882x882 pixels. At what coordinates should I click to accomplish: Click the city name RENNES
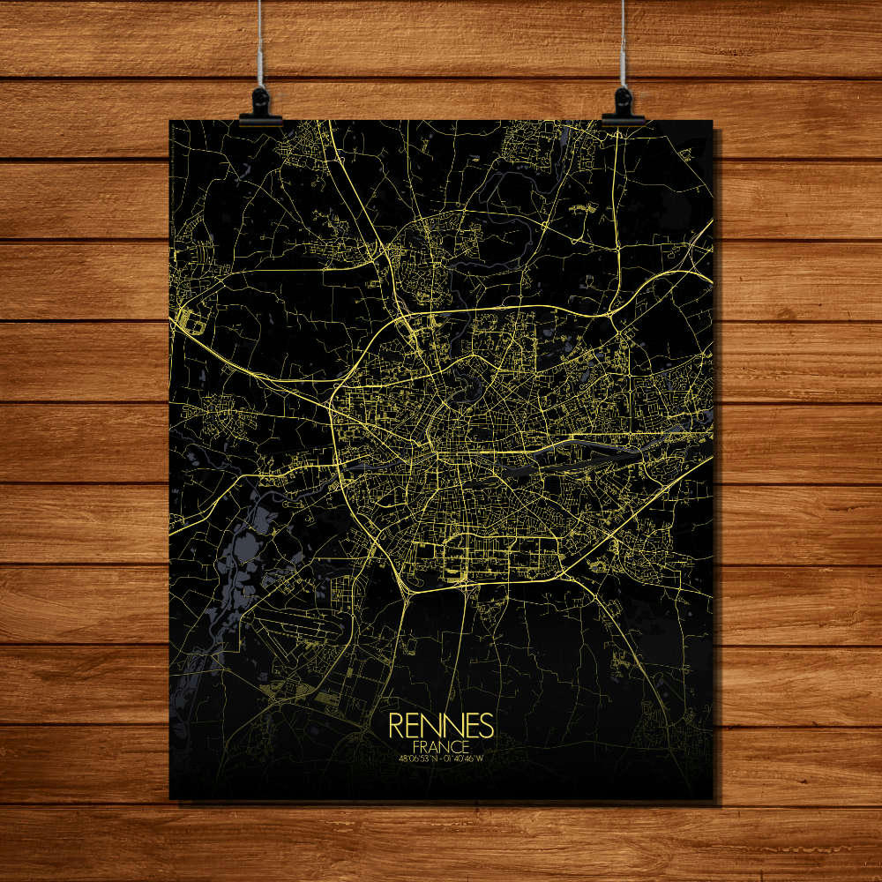pos(440,725)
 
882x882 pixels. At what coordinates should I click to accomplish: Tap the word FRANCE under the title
pos(440,745)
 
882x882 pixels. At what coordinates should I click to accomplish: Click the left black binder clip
pos(260,108)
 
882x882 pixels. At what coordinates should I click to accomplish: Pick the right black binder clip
pos(623,108)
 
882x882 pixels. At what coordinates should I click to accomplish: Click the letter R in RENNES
pos(396,725)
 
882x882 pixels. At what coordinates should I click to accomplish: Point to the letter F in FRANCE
pos(415,745)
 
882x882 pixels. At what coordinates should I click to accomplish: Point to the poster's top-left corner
pos(170,121)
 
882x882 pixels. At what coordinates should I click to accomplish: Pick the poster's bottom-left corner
pos(170,799)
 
